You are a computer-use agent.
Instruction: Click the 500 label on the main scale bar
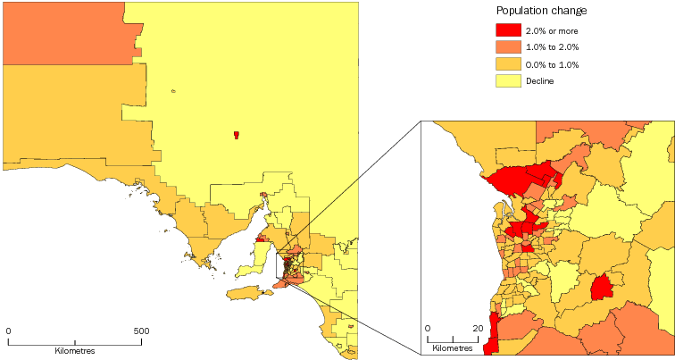pos(141,331)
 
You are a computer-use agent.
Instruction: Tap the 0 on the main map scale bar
pos(9,331)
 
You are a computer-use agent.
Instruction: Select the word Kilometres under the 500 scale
pos(75,351)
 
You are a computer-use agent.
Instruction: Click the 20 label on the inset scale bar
pos(478,328)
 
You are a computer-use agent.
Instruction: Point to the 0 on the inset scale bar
pos(428,328)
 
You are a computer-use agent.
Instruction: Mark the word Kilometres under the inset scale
pos(454,347)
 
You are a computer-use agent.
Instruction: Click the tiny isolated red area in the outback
pos(236,135)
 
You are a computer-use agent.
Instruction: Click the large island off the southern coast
pos(247,292)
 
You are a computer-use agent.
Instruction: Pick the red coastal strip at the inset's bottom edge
pos(490,339)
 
